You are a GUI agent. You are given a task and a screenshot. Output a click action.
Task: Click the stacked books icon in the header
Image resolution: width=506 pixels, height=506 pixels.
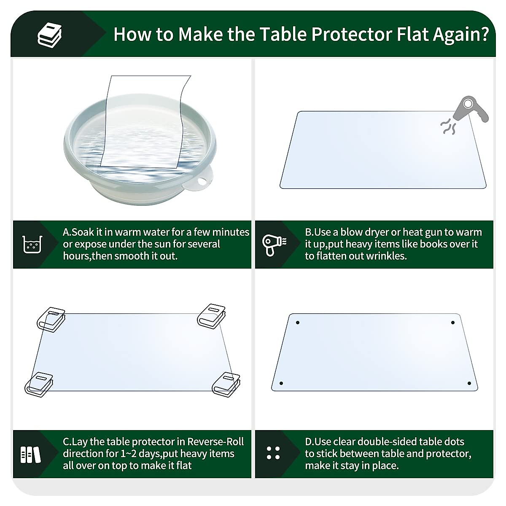pyautogui.click(x=50, y=35)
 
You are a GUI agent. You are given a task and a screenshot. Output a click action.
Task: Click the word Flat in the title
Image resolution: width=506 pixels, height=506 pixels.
pyautogui.click(x=417, y=34)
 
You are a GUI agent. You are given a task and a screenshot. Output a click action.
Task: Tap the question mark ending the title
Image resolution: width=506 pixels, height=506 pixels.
pyautogui.click(x=484, y=34)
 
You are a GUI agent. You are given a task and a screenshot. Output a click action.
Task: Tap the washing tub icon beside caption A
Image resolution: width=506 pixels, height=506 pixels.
pyautogui.click(x=32, y=244)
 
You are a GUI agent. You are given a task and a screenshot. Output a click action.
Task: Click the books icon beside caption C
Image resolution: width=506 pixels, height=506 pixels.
pyautogui.click(x=31, y=454)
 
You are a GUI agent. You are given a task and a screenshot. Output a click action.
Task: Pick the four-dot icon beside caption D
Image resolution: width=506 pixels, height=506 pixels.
pyautogui.click(x=273, y=453)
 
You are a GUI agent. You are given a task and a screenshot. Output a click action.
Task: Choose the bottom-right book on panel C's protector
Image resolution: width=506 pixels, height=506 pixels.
pyautogui.click(x=226, y=384)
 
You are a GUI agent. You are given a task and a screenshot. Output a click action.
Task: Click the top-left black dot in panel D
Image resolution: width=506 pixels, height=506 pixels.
pyautogui.click(x=298, y=323)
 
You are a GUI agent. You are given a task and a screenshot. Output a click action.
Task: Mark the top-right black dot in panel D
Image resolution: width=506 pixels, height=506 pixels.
pyautogui.click(x=453, y=323)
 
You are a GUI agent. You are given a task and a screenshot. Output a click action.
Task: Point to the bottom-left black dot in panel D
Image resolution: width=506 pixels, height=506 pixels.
pyautogui.click(x=281, y=384)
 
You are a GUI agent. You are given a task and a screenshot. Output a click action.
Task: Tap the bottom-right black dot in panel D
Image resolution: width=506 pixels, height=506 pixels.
pyautogui.click(x=469, y=383)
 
